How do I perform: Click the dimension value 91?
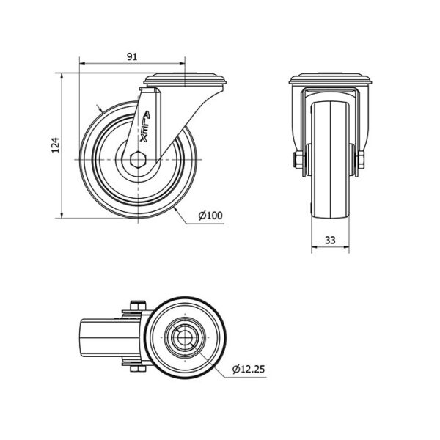pos(132,56)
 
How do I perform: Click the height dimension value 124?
pos(56,145)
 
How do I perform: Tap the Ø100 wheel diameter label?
pos(210,216)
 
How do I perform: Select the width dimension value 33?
pos(330,241)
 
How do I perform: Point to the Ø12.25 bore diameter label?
pos(249,369)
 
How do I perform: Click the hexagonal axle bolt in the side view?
pos(138,160)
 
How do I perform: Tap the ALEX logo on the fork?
pos(145,127)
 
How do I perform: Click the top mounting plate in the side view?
pos(185,79)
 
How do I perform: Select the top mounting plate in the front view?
pos(331,79)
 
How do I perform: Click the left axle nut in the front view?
pos(298,160)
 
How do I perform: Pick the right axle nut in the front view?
pos(361,160)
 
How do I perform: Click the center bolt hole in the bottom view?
pos(185,337)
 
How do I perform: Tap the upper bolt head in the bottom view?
pos(138,305)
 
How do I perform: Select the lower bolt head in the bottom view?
pos(138,369)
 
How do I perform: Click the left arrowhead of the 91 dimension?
pos(83,64)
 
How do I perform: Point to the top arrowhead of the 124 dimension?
pos(62,76)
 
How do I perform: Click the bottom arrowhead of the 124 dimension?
pos(62,214)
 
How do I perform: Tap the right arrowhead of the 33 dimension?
pos(346,247)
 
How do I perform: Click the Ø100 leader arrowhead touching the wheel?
pos(176,210)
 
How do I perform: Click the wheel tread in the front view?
pos(331,159)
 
